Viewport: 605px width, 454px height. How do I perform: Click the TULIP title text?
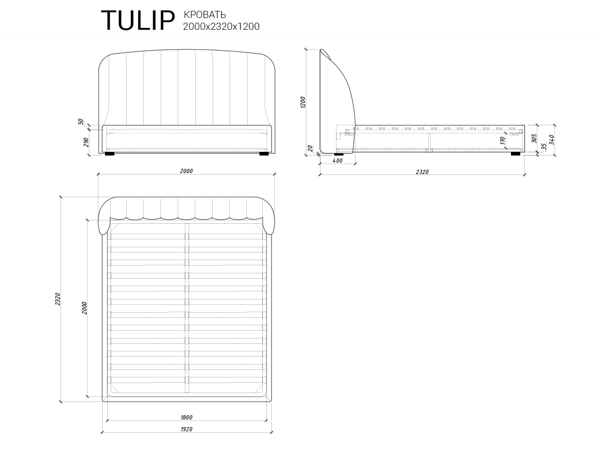coord(138,20)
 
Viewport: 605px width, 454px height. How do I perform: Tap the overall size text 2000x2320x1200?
coord(221,26)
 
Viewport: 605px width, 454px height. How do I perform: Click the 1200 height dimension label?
coord(303,102)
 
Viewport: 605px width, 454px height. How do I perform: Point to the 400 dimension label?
coord(337,161)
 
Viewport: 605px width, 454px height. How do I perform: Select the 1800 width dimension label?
coord(186,417)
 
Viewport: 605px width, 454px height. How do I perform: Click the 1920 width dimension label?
coord(186,429)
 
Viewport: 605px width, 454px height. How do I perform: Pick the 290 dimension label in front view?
coord(86,142)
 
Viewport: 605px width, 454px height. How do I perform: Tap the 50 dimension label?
coord(81,122)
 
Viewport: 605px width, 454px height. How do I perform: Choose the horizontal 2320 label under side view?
coord(422,172)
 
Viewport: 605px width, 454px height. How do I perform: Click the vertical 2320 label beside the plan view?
coord(58,299)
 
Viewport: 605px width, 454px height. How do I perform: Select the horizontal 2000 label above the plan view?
coord(186,171)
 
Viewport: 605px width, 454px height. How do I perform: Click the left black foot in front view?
coord(110,154)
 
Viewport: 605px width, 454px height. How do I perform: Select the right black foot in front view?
coord(264,154)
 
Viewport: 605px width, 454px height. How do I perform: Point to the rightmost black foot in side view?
coord(515,153)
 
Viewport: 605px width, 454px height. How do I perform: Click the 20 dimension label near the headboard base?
coord(310,148)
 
